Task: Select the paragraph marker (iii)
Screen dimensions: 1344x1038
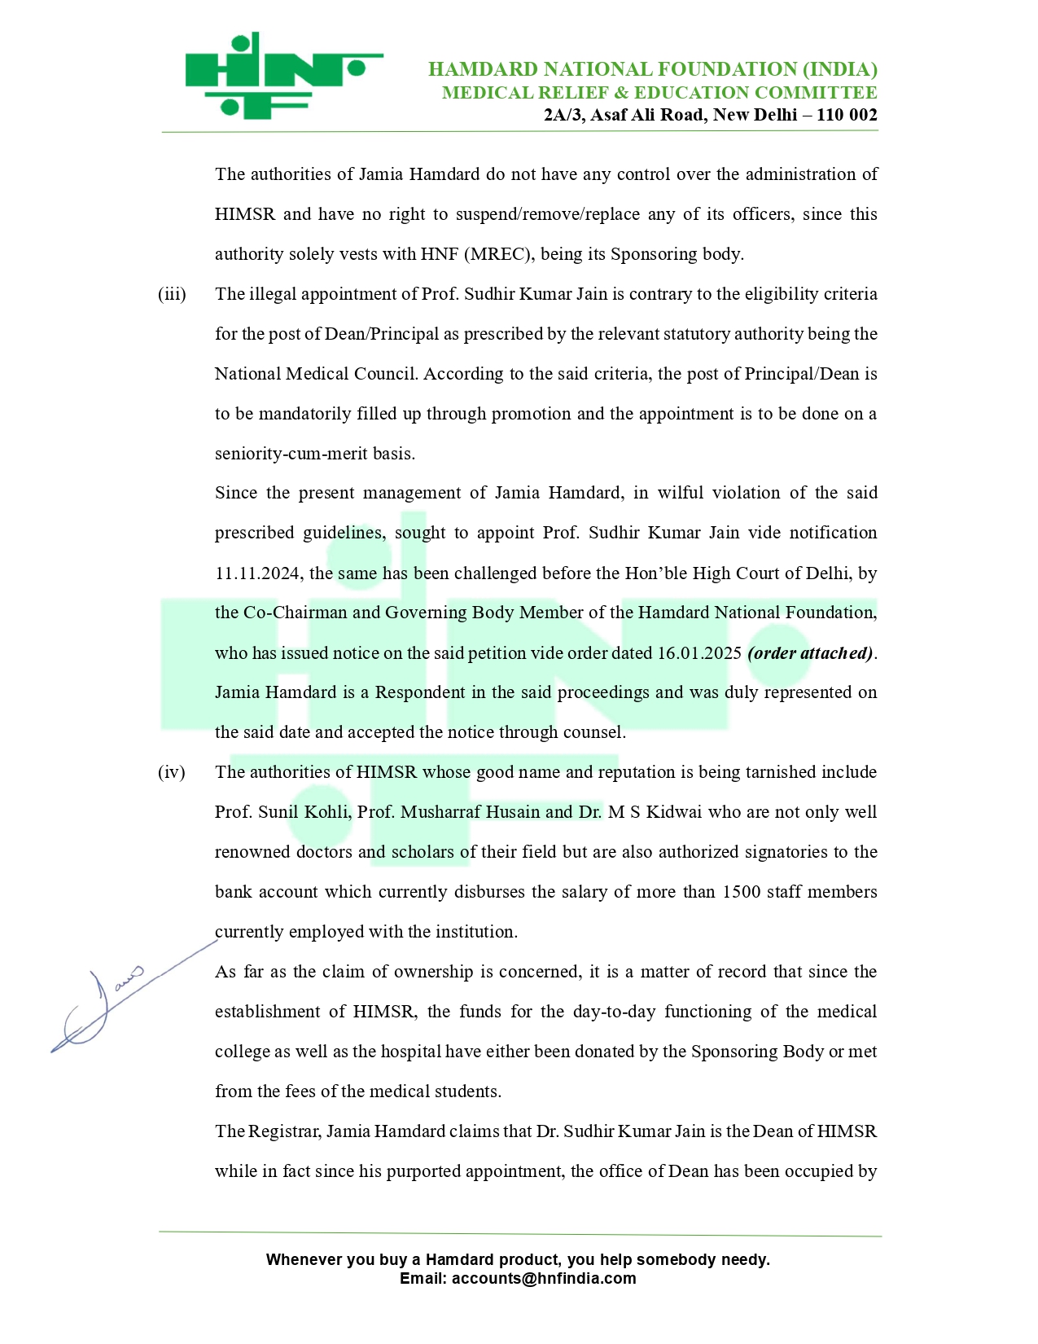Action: tap(172, 294)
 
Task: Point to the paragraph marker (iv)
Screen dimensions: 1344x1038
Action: tap(172, 772)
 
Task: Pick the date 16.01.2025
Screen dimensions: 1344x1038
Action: tap(699, 653)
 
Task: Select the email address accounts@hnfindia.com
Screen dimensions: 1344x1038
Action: tap(544, 1278)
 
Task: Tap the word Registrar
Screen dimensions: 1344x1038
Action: tap(285, 1131)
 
